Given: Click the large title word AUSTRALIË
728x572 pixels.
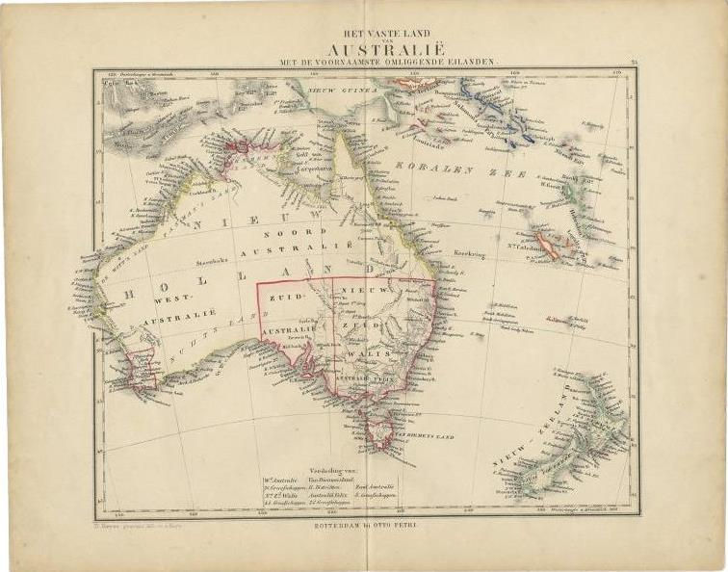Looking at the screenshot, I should [x=378, y=49].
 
